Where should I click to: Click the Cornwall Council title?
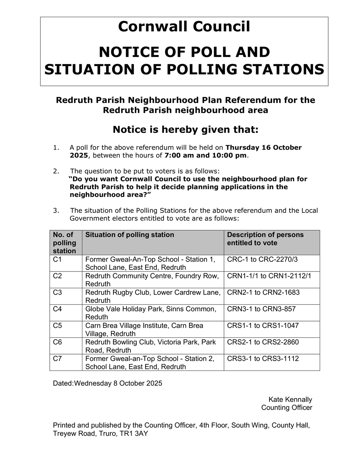tap(184, 27)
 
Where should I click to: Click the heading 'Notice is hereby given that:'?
tap(185, 129)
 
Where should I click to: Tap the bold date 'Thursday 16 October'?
tap(263, 148)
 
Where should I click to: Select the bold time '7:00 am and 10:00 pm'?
tap(205, 156)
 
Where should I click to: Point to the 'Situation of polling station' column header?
tap(130, 235)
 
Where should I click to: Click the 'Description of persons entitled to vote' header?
tap(265, 239)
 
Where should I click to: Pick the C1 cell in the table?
tap(57, 259)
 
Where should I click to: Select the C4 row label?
tap(57, 309)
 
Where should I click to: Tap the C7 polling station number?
tap(57, 358)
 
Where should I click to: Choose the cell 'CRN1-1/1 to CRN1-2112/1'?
tap(269, 276)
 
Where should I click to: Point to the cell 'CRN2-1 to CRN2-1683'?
tap(263, 292)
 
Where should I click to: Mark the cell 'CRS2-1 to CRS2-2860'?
tap(263, 342)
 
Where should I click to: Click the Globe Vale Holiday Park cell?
tap(151, 313)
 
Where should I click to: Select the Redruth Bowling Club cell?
tap(151, 346)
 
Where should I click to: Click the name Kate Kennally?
tap(290, 400)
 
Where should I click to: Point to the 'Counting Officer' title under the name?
tap(287, 408)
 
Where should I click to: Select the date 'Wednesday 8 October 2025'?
tap(118, 383)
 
